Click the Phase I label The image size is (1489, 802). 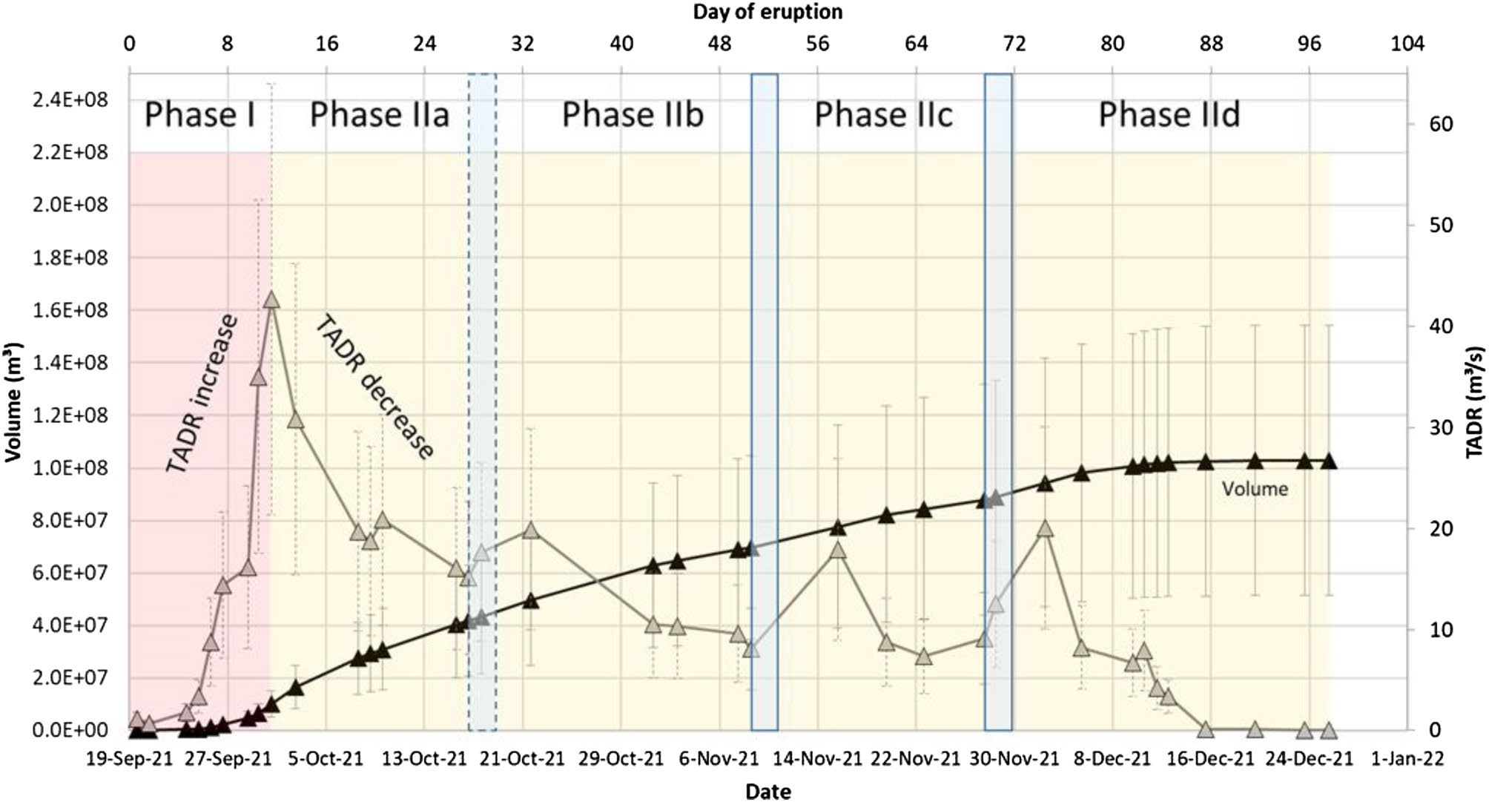[199, 115]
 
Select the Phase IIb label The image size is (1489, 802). [632, 115]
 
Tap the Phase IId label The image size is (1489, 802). [1169, 115]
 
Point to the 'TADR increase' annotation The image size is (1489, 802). [201, 393]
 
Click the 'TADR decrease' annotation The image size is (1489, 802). [374, 387]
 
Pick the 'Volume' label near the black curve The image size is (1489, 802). [1255, 489]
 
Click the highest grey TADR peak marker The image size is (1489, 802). [271, 300]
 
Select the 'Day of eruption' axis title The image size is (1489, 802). [767, 12]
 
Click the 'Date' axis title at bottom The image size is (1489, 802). [767, 792]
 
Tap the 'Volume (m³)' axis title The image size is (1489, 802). [12, 401]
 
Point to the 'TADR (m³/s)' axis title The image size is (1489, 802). [1475, 401]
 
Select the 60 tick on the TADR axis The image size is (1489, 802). [1441, 124]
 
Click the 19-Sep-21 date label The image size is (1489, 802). [130, 759]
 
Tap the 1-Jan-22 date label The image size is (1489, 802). [1407, 759]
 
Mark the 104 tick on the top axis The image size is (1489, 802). [1407, 44]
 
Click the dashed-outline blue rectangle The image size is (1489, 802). [482, 401]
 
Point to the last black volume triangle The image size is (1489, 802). [1328, 461]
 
